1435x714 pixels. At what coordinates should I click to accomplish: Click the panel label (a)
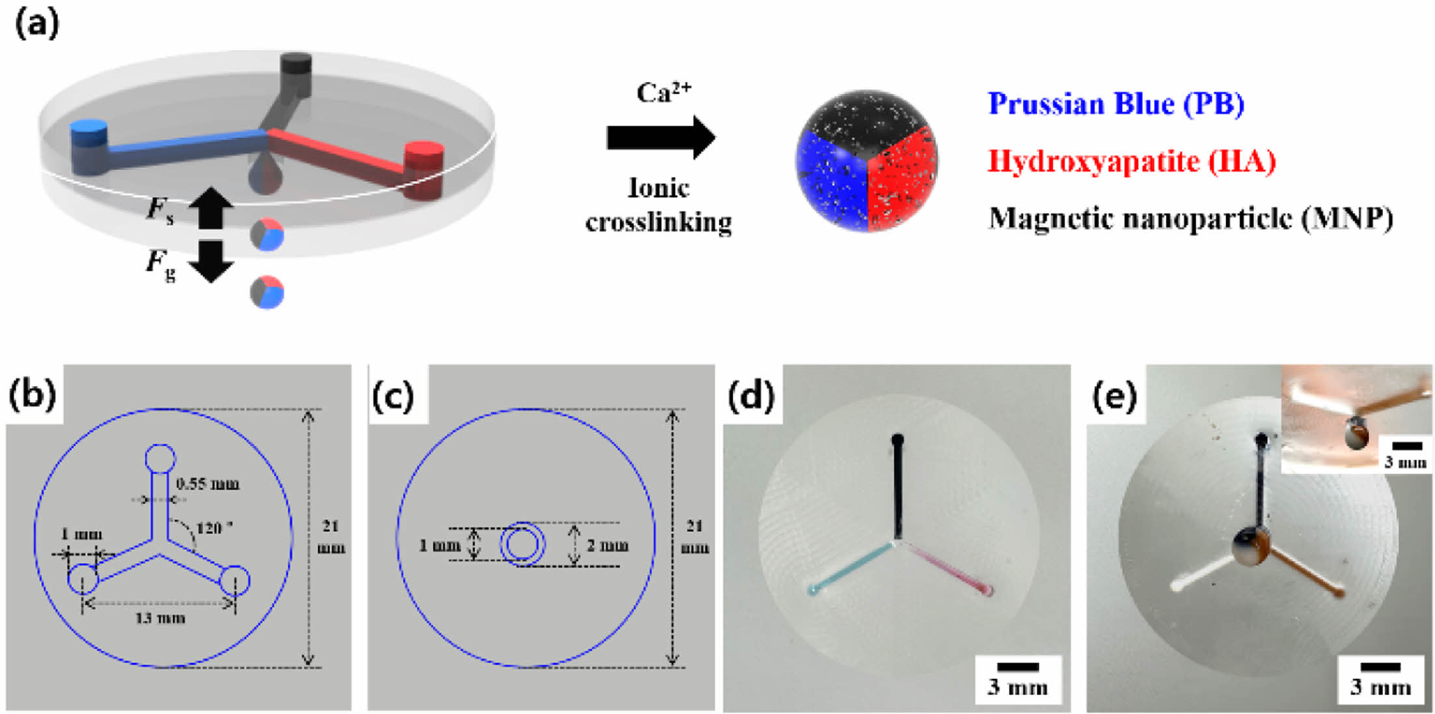(x=36, y=25)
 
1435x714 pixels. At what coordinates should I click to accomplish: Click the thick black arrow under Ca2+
(x=661, y=137)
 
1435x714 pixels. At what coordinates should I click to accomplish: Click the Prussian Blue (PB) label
(x=1115, y=104)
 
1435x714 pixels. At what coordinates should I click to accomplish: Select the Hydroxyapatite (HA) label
(x=1131, y=161)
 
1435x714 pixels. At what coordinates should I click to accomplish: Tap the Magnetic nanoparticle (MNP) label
(x=1190, y=218)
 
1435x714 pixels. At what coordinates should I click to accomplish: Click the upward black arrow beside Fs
(x=211, y=208)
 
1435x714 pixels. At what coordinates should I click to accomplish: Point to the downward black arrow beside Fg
(x=211, y=261)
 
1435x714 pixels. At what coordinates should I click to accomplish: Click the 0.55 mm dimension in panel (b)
(x=208, y=484)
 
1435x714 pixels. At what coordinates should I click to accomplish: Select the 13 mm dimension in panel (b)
(x=160, y=618)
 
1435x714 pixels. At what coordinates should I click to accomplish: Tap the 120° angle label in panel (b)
(x=213, y=527)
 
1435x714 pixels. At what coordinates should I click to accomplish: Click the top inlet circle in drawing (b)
(x=160, y=459)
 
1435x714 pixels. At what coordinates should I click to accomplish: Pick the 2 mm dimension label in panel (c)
(x=607, y=545)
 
